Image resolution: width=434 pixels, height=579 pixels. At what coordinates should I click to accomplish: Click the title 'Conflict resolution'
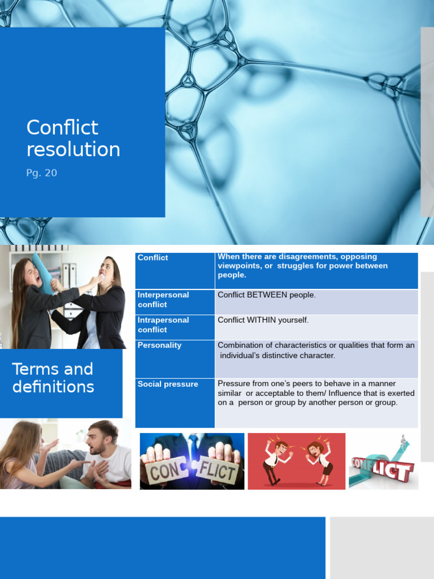coord(73,139)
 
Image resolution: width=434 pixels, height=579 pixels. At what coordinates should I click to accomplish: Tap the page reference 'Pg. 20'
coord(42,173)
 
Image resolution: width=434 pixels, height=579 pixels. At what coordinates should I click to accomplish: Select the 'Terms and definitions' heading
coord(53,378)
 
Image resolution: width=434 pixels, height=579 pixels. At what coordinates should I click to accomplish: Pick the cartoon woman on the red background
coord(320,461)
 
